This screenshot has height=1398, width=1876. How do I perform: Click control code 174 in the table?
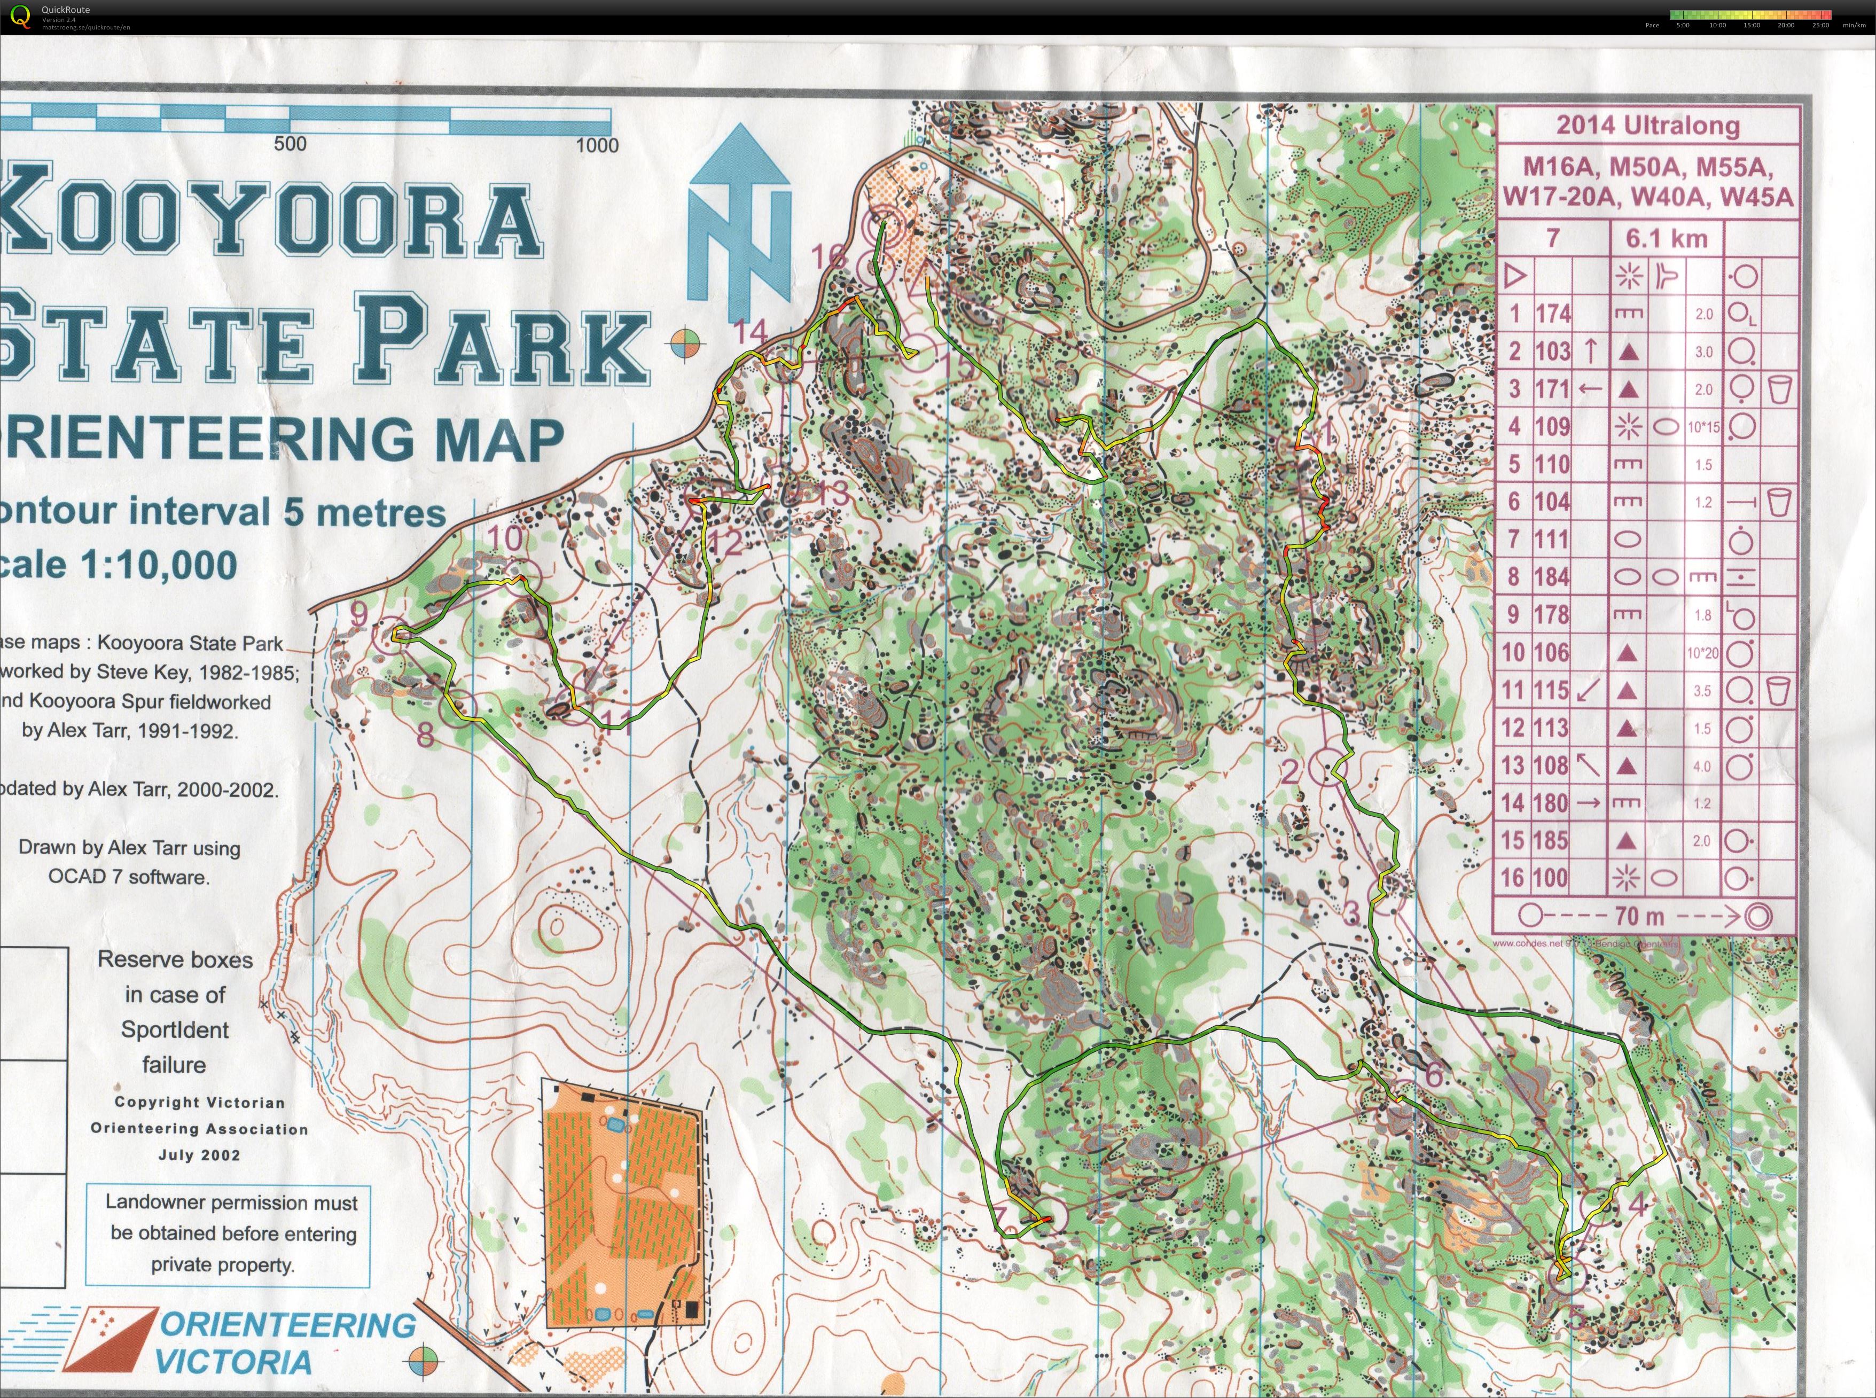coord(1553,314)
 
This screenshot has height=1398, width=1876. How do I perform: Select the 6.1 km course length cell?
coord(1666,239)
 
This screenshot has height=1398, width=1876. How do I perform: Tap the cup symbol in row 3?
coord(1779,389)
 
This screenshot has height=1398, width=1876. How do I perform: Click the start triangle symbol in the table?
coord(1515,276)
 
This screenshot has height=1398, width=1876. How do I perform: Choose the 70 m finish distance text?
coord(1639,916)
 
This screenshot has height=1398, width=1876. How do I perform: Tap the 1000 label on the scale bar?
coord(597,145)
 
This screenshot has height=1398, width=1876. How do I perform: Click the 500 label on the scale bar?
coord(290,144)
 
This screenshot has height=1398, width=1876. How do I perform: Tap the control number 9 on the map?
coord(359,614)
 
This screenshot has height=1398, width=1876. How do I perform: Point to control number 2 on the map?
coord(1289,771)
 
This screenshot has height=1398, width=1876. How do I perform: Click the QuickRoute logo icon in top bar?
coord(21,16)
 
